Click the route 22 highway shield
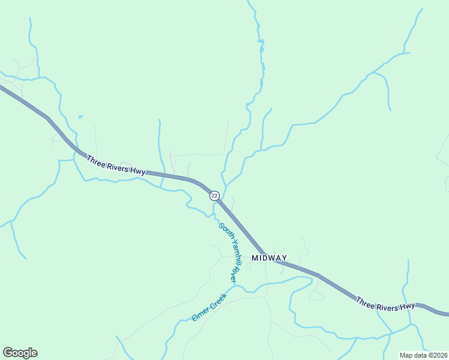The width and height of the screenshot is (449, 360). pyautogui.click(x=214, y=196)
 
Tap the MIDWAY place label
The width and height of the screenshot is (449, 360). pyautogui.click(x=269, y=258)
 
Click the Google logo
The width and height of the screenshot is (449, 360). pyautogui.click(x=20, y=353)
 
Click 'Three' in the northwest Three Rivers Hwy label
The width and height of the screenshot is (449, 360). pyautogui.click(x=96, y=161)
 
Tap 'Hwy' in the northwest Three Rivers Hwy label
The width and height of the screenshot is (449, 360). pyautogui.click(x=137, y=172)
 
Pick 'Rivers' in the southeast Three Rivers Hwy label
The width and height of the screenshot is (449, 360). pyautogui.click(x=387, y=307)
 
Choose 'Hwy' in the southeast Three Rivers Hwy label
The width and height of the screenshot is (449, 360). pyautogui.click(x=408, y=307)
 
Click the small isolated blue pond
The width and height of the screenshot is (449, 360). pyautogui.click(x=80, y=117)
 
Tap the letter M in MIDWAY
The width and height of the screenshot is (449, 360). pyautogui.click(x=255, y=258)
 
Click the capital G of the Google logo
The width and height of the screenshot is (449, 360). pyautogui.click(x=8, y=353)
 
